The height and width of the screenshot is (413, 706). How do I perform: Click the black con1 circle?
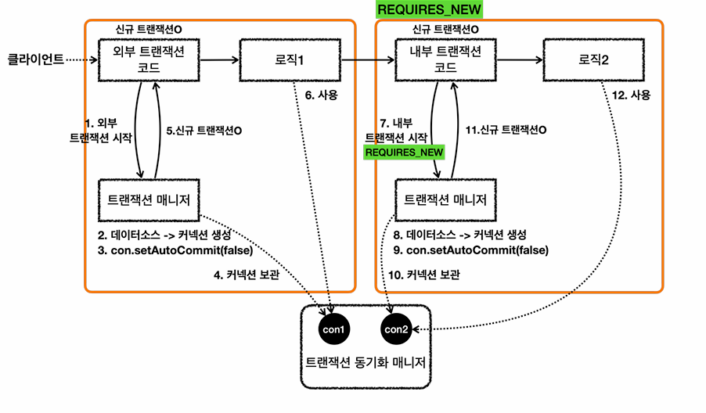[333, 329]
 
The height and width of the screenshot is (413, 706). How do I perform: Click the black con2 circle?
[396, 329]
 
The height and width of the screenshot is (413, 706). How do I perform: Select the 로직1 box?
[290, 59]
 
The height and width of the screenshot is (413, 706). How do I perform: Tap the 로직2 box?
[593, 59]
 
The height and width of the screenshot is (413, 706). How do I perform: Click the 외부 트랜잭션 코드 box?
[149, 59]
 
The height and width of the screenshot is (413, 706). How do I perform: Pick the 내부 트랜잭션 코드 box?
[445, 59]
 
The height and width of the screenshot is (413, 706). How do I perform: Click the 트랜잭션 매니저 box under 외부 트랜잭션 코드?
[149, 200]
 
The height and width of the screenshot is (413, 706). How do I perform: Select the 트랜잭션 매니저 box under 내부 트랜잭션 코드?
[445, 200]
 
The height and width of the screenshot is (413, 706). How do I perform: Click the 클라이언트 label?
[35, 59]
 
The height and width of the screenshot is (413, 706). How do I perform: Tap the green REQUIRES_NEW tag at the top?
[429, 9]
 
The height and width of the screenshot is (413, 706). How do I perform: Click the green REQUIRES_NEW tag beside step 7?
[404, 153]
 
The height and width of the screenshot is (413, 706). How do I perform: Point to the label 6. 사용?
[321, 95]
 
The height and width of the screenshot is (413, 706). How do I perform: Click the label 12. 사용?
[631, 95]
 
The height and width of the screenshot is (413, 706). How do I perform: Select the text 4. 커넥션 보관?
[247, 275]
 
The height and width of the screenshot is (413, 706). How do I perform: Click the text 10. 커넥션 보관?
[424, 275]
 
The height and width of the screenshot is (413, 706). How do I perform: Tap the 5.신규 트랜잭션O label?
[204, 131]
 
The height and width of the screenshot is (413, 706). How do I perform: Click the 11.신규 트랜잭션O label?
[506, 130]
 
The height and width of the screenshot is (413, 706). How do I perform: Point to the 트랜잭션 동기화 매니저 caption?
[366, 362]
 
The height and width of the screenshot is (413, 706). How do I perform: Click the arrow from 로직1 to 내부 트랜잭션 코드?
[368, 59]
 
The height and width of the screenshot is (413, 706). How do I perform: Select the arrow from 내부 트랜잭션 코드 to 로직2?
[520, 59]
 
